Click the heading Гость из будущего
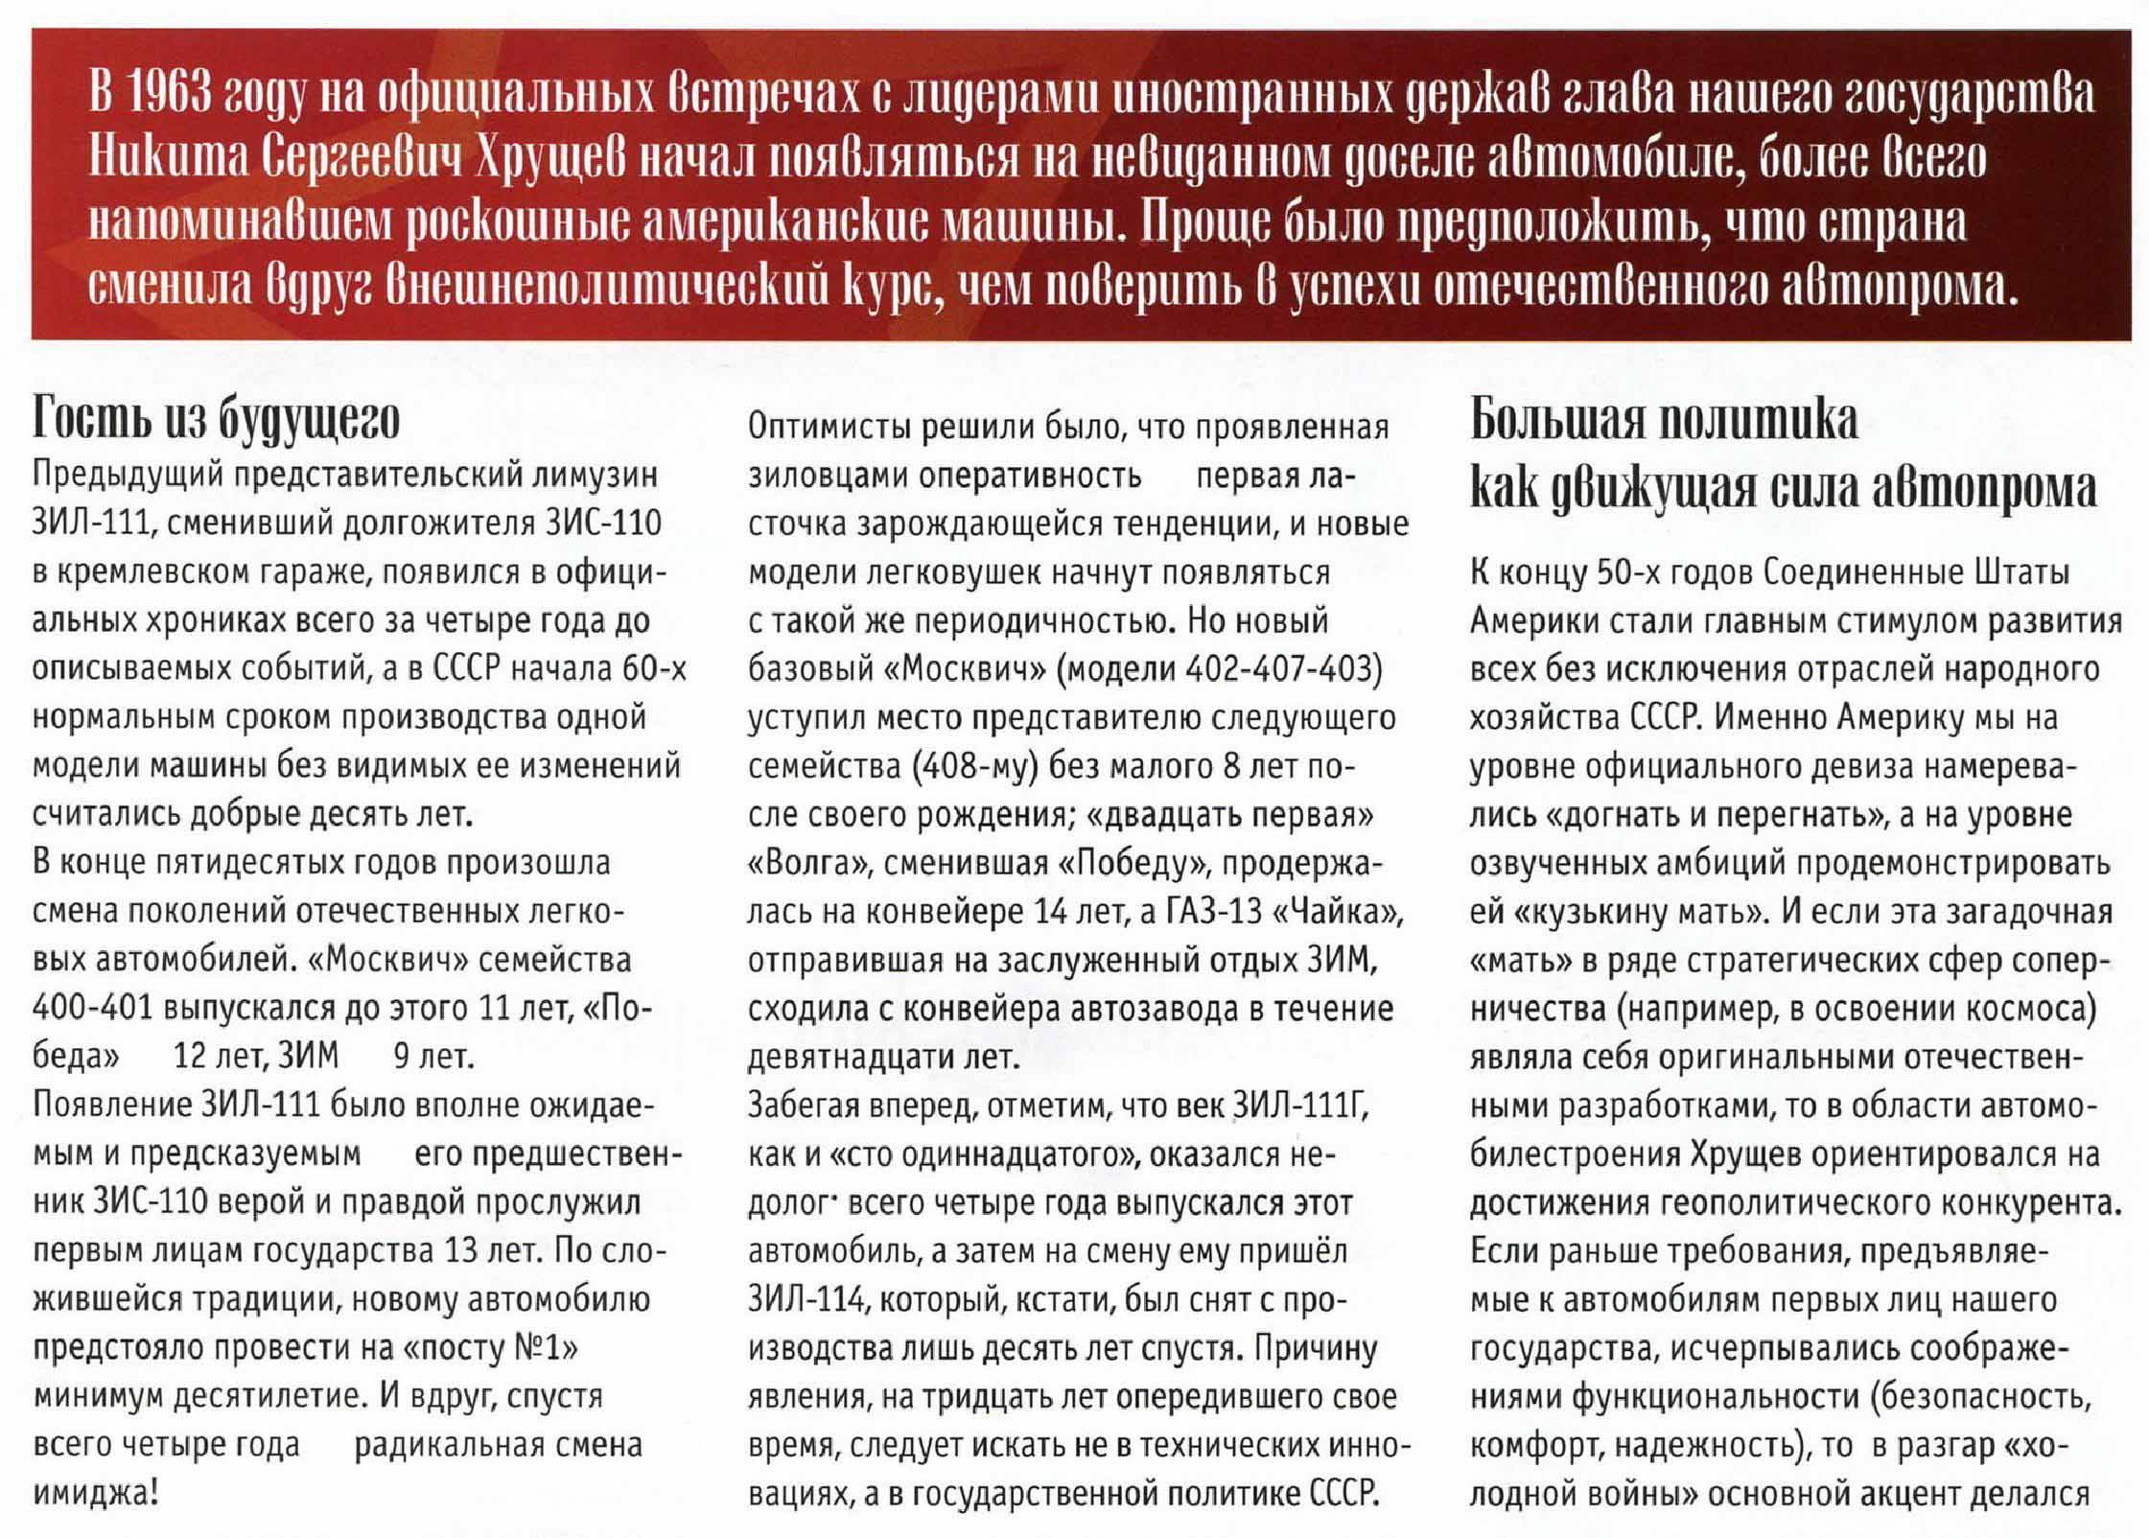[x=216, y=420]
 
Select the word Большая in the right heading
[x=1553, y=420]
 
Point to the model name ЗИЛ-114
[x=806, y=1300]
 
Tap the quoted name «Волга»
[x=806, y=864]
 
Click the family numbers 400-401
[x=91, y=1009]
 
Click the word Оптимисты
[x=829, y=428]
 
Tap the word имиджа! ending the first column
[x=95, y=1494]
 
